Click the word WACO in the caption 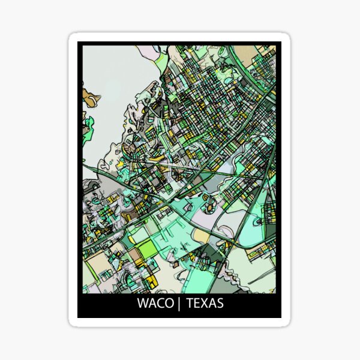154,303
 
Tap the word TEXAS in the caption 205,303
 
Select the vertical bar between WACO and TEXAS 178,303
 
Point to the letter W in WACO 143,303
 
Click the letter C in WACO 158,303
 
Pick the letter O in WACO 167,303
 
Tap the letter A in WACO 151,303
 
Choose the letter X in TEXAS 204,303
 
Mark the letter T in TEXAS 190,303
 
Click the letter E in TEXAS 197,303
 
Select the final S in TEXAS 220,303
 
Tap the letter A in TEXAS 212,303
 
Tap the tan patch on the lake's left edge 88,98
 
